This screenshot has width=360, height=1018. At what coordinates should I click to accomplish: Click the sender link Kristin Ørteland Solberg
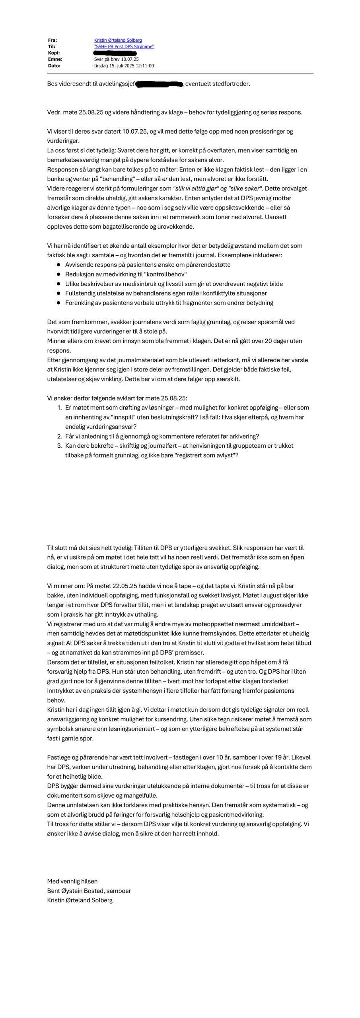pos(118,40)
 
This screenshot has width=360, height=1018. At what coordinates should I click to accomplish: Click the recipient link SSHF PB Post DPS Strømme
pos(124,47)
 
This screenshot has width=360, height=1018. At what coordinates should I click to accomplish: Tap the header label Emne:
pos(55,59)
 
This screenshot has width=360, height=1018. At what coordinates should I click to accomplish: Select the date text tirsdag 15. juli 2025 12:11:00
pos(124,66)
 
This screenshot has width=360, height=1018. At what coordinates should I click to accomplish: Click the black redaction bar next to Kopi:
pos(115,53)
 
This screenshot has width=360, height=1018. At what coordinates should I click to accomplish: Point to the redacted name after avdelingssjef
pos(159,84)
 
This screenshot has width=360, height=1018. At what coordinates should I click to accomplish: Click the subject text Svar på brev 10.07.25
pos(116,59)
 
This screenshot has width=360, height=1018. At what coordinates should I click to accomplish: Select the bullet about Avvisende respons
pos(148,265)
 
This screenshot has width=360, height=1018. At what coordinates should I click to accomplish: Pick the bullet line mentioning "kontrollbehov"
pos(126,274)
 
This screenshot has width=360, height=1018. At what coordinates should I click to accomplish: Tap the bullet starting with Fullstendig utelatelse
pos(166,293)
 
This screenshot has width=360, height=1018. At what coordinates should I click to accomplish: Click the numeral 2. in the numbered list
pos(60,437)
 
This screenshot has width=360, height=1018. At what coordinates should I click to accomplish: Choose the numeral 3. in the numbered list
pos(60,446)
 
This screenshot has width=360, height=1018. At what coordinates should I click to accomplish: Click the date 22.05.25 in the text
pos(125,586)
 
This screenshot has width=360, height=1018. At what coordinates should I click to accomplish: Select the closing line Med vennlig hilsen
pos(72,882)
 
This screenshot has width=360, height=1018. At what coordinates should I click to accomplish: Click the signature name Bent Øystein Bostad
pos(76,891)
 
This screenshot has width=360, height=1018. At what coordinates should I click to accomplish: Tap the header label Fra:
pos(52,40)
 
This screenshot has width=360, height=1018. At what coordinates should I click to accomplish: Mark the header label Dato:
pos(54,66)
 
